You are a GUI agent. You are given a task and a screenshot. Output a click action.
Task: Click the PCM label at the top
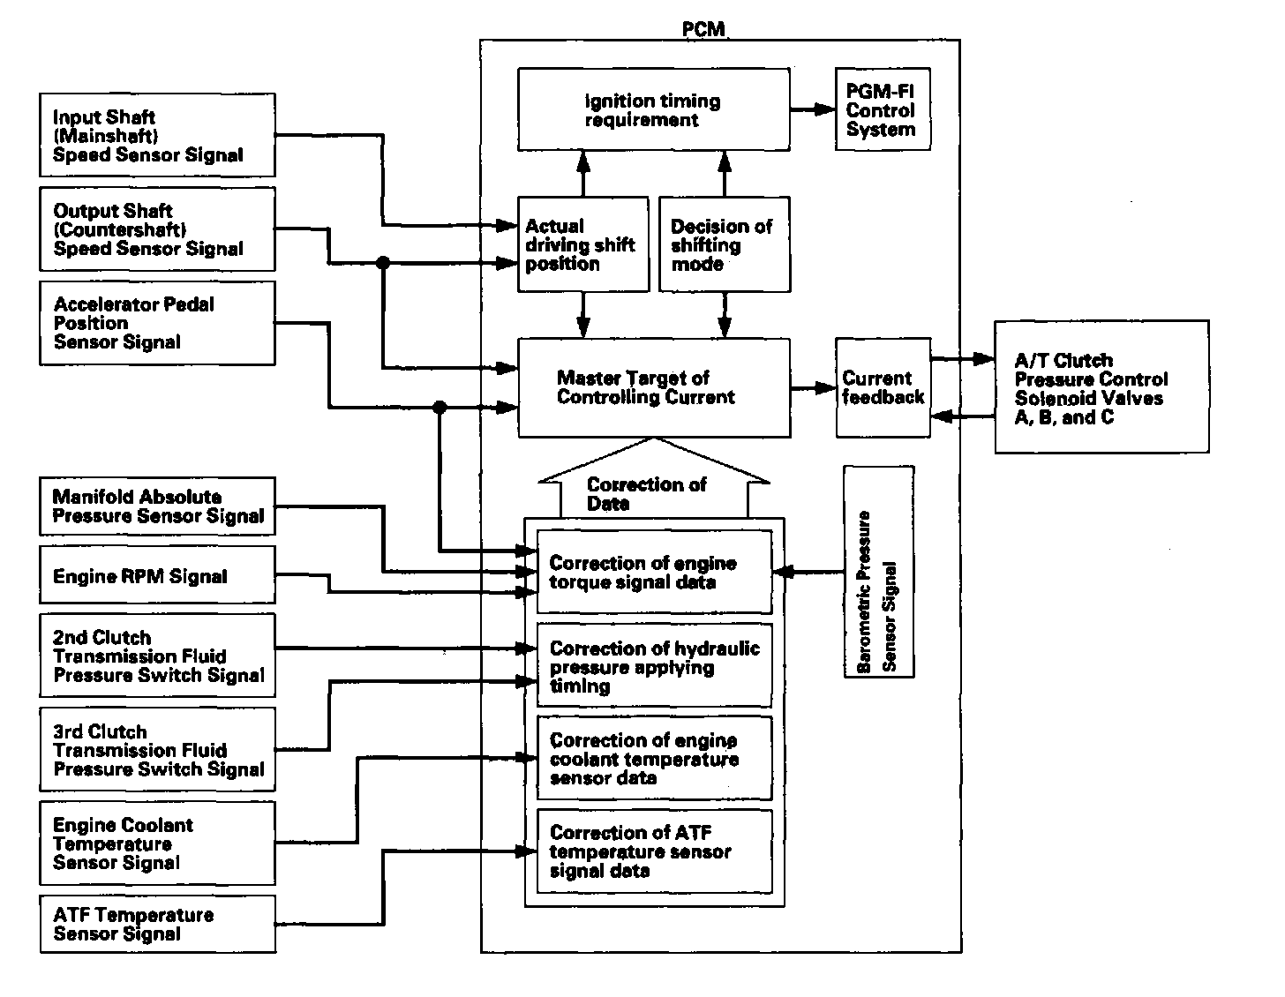(x=703, y=29)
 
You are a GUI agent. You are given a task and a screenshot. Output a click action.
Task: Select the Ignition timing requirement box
(x=653, y=110)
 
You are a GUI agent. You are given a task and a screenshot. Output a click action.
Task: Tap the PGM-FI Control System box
(x=882, y=110)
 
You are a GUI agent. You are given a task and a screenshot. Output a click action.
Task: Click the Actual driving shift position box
(x=580, y=244)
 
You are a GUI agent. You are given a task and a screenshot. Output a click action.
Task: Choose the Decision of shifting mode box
(x=724, y=244)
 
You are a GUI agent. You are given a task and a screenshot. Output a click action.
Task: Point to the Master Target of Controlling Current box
(x=653, y=388)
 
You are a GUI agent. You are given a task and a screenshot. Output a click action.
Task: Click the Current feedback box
(x=883, y=387)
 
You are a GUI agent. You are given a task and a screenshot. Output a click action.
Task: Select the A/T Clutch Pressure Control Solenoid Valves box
(x=1101, y=387)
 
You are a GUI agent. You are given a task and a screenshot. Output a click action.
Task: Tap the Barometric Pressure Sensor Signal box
(x=878, y=572)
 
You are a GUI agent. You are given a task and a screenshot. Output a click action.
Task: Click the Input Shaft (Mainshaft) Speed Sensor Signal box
(x=157, y=135)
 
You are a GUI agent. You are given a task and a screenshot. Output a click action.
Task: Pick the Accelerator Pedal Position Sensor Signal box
(x=157, y=323)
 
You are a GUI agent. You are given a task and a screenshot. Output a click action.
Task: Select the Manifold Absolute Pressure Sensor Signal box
(x=157, y=506)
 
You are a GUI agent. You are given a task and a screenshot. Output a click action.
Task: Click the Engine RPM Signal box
(x=157, y=576)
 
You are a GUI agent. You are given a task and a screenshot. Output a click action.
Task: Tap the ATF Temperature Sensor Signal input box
(x=157, y=924)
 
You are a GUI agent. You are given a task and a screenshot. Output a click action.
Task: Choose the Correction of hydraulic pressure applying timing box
(x=654, y=666)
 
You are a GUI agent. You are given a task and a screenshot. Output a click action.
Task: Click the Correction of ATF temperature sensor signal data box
(x=654, y=851)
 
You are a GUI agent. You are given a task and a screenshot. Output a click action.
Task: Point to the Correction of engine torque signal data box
(x=654, y=573)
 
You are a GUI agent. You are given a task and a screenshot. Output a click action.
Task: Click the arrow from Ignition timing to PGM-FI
(x=813, y=109)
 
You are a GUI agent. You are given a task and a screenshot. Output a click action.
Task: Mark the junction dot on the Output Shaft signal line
(x=382, y=263)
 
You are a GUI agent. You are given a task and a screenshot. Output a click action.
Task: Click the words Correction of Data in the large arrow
(x=647, y=494)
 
